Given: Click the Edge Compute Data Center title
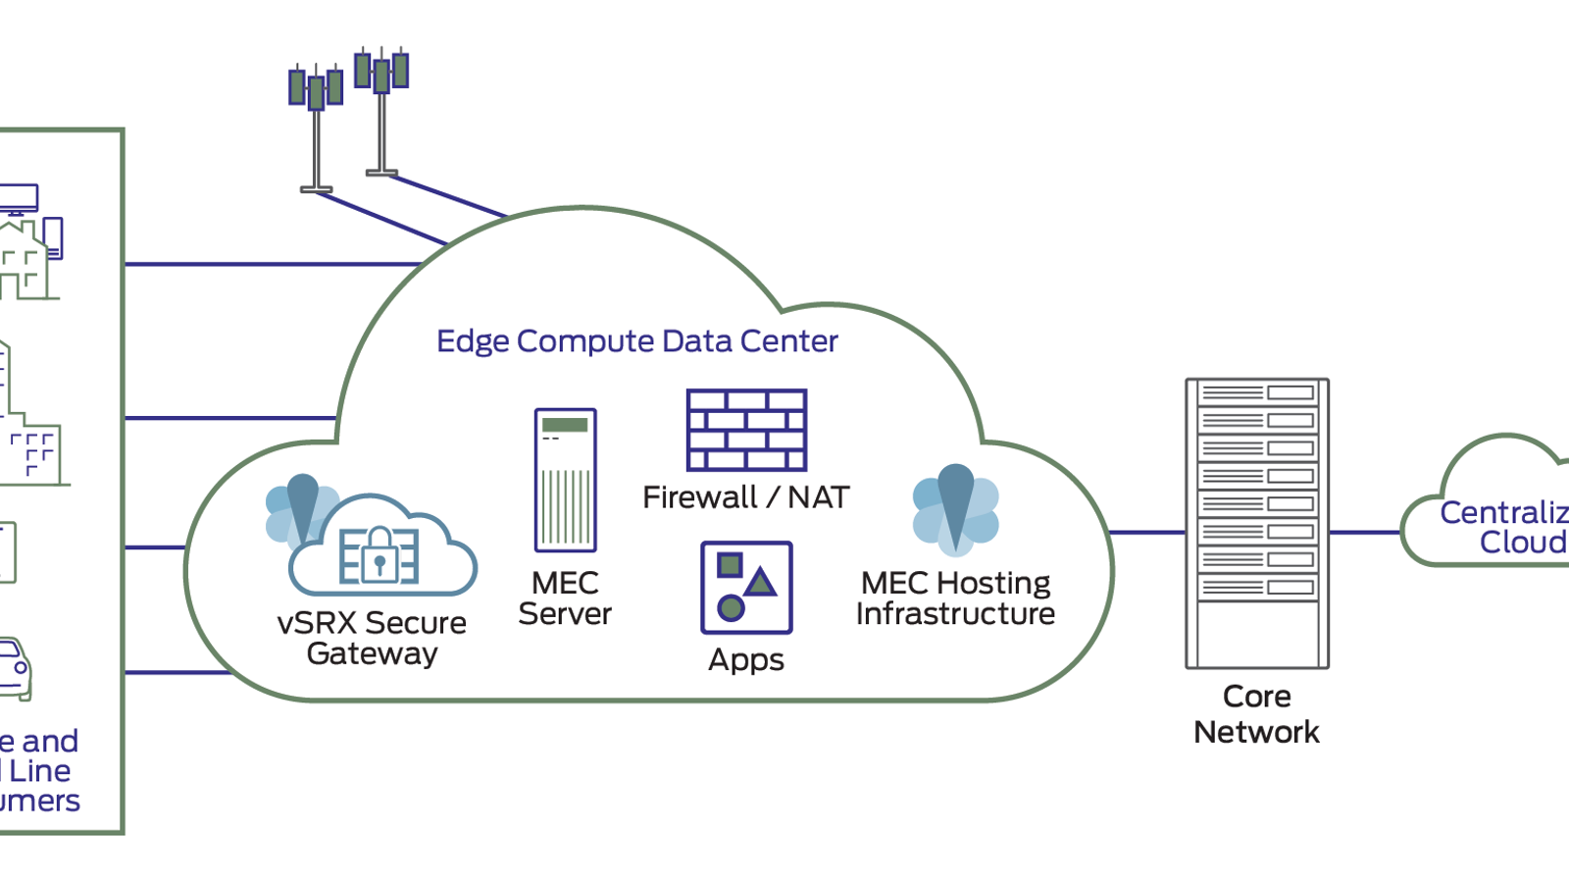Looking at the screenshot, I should tap(636, 341).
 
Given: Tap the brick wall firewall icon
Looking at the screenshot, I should tap(746, 430).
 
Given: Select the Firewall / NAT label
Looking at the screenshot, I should tap(745, 497).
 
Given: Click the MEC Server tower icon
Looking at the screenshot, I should tap(566, 480).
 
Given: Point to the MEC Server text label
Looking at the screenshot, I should tap(565, 597).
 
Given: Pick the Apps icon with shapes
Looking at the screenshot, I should tap(746, 587).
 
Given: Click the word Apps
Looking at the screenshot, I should tap(746, 660).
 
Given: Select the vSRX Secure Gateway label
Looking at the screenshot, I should tap(372, 638).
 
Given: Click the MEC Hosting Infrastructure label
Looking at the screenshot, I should tap(955, 597).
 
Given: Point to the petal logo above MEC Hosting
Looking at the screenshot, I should tap(955, 510).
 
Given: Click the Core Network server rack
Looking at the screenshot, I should tap(1257, 523).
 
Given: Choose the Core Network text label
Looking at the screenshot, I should tap(1256, 714).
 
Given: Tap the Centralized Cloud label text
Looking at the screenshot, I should tap(1505, 527).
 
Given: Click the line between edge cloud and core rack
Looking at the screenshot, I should tap(1148, 533).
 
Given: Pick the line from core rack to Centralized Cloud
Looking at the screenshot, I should tap(1365, 533).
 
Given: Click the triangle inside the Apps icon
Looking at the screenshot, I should tap(761, 583).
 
